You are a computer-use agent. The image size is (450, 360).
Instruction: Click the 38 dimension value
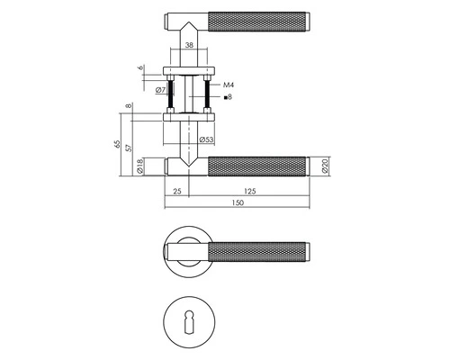tap(189, 45)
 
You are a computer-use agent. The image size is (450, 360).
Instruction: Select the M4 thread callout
tap(229, 85)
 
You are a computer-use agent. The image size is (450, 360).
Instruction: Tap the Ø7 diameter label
tap(161, 90)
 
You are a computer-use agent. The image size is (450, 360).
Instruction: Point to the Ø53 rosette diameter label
tap(206, 139)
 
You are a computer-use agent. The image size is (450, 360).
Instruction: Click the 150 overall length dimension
tap(238, 202)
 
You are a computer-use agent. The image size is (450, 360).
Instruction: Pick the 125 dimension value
tap(250, 191)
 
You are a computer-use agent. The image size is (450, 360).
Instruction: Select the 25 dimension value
tap(177, 191)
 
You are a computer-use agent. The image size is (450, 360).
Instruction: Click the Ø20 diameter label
tap(326, 166)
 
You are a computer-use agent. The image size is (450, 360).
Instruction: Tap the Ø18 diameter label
tap(139, 166)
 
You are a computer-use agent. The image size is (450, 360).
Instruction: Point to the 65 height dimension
tap(117, 144)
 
